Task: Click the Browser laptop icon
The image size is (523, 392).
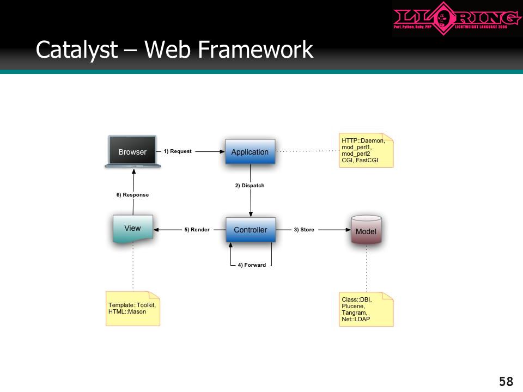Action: tap(132, 152)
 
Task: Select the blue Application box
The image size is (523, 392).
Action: tap(250, 152)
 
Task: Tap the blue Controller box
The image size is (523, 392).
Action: tap(251, 230)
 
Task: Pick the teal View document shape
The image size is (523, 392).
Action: tap(133, 229)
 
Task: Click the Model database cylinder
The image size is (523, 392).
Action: tap(366, 230)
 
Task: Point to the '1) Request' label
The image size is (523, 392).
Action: tap(178, 151)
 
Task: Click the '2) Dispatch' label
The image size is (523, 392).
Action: tap(250, 186)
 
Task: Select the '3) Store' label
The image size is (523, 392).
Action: tap(304, 230)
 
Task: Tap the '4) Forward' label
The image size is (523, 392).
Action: tap(252, 265)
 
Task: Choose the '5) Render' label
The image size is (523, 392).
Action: tap(197, 230)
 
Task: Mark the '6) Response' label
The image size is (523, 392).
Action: tap(132, 195)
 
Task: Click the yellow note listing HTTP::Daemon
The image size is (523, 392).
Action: tap(366, 150)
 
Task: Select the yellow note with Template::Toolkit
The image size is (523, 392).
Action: tap(133, 309)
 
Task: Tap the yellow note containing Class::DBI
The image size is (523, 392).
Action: tap(366, 309)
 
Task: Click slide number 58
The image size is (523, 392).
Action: tap(506, 381)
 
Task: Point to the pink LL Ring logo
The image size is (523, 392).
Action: tap(457, 18)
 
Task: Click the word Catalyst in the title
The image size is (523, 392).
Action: tap(77, 50)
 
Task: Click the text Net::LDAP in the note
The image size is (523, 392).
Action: tap(356, 320)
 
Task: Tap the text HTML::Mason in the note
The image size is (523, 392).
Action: tap(127, 311)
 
